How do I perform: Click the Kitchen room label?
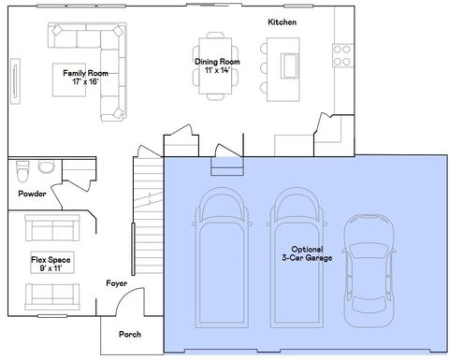tap(282, 22)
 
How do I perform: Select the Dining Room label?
tap(217, 66)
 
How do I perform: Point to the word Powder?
tap(32, 194)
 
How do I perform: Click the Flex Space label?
tap(49, 263)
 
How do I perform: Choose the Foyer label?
tap(117, 282)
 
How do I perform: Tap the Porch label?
tap(130, 334)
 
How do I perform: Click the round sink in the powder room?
tap(46, 167)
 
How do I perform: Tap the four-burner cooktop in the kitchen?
tap(342, 54)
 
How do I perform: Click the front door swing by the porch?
tap(135, 301)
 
